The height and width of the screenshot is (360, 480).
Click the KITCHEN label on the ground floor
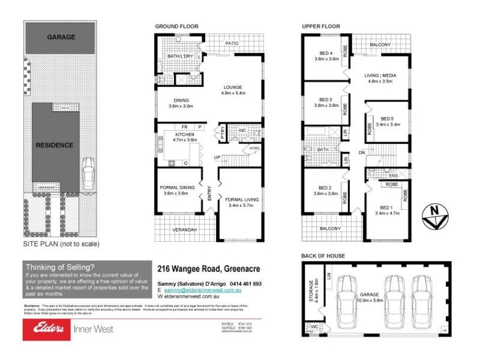point(185,134)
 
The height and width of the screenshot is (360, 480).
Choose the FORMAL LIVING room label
point(241,199)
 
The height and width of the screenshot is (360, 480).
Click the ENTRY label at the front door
point(209,193)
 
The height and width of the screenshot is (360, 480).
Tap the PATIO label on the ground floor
point(232,43)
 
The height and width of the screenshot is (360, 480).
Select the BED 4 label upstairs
point(326,53)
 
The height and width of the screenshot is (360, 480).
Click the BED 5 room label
point(387,118)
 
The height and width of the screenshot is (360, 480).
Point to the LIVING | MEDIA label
point(380,75)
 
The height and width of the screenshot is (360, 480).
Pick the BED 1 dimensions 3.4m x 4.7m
point(387,213)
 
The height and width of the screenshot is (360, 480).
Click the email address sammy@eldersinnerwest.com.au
point(202,290)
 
